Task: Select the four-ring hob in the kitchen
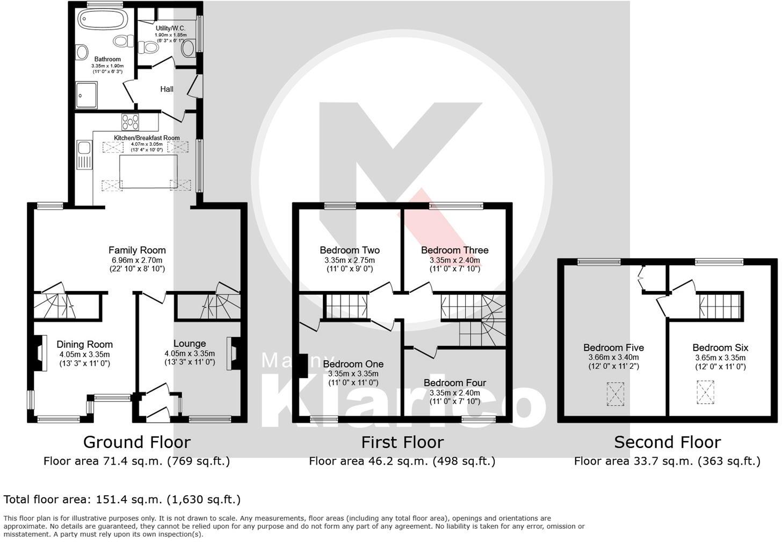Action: coord(131,123)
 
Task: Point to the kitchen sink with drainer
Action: coord(84,155)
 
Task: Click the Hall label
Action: coord(166,89)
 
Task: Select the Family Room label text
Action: coord(137,250)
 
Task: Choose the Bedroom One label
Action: coord(353,364)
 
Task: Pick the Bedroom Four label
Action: coord(454,383)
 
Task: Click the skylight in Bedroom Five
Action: coord(616,394)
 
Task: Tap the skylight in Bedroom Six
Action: coord(706,392)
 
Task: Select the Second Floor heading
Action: coord(667,443)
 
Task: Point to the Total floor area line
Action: coord(122,500)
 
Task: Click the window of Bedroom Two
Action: coord(341,205)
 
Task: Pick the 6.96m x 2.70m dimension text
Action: coord(137,260)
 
